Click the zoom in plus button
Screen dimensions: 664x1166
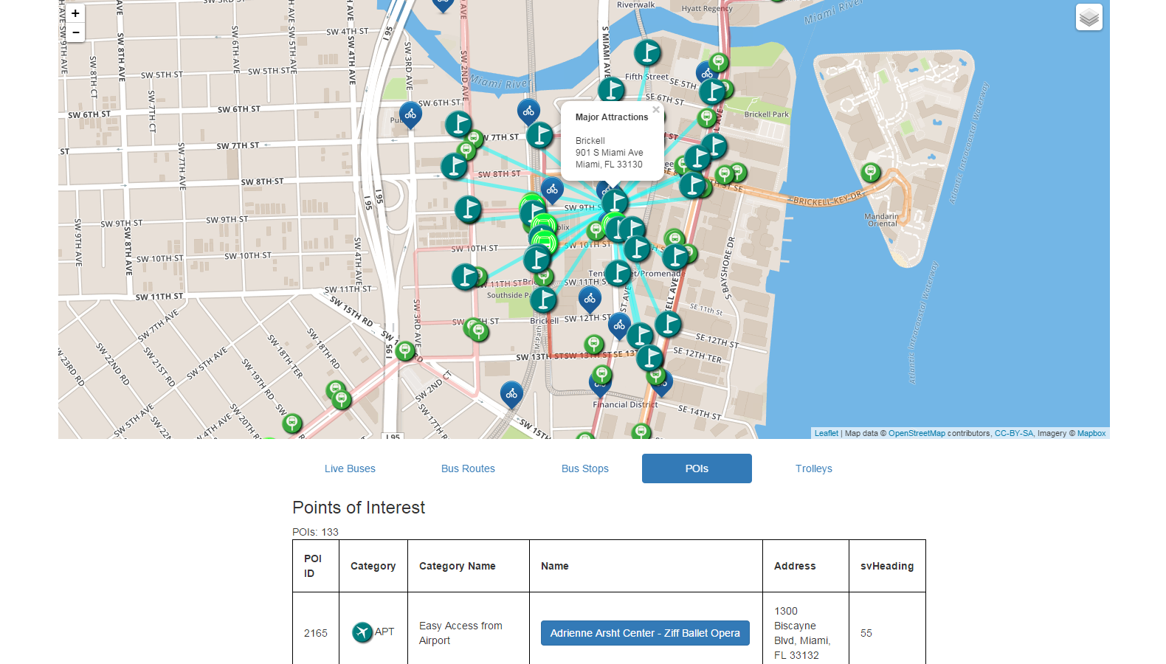pyautogui.click(x=75, y=13)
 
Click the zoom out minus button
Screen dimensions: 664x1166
pyautogui.click(x=75, y=32)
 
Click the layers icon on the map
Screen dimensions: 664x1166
pyautogui.click(x=1089, y=17)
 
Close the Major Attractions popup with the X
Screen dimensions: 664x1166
pyautogui.click(x=655, y=110)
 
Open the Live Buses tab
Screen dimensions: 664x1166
pyautogui.click(x=350, y=468)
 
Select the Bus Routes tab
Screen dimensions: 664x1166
pyautogui.click(x=468, y=468)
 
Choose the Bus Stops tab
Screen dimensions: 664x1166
pyautogui.click(x=584, y=468)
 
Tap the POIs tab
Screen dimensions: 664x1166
pyautogui.click(x=697, y=468)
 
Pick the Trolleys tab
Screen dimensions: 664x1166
pyautogui.click(x=813, y=468)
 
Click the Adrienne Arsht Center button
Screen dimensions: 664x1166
pyautogui.click(x=645, y=633)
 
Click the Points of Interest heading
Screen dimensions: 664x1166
pyautogui.click(x=359, y=508)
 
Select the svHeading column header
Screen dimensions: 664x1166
pyautogui.click(x=886, y=566)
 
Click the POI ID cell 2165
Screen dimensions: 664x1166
pyautogui.click(x=316, y=633)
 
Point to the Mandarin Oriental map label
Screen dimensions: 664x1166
pyautogui.click(x=882, y=220)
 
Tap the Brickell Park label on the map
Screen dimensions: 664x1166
pyautogui.click(x=766, y=114)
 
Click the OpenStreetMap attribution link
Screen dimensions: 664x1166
pyautogui.click(x=916, y=433)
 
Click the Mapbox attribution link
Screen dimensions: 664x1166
pyautogui.click(x=1091, y=433)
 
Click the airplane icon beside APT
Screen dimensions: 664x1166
pyautogui.click(x=362, y=632)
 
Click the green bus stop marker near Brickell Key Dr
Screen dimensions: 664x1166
pyautogui.click(x=871, y=173)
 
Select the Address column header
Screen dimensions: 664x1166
pyautogui.click(x=794, y=566)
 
